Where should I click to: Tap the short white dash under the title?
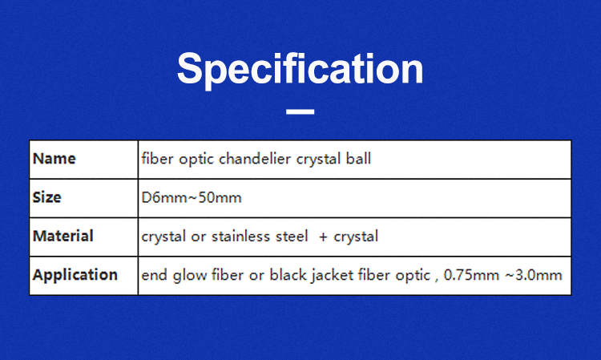(x=300, y=111)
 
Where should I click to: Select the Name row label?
(x=54, y=159)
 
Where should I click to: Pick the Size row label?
(x=46, y=197)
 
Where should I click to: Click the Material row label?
(x=63, y=237)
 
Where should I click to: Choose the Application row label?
(x=75, y=275)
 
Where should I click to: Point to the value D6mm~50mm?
(x=191, y=197)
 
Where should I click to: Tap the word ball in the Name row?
(x=357, y=159)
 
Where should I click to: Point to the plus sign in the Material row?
(x=322, y=237)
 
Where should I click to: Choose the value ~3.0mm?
(x=534, y=275)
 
